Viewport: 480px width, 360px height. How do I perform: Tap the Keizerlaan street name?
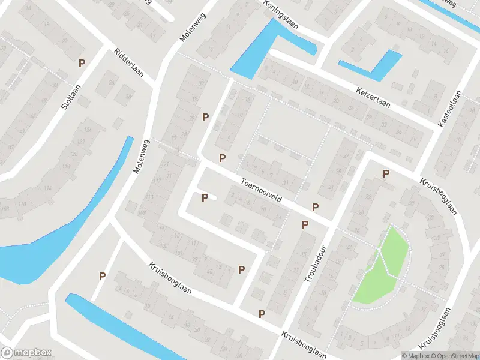click(x=372, y=95)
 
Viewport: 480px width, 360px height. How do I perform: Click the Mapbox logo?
click(x=26, y=353)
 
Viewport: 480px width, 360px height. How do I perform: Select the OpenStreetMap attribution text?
click(x=454, y=356)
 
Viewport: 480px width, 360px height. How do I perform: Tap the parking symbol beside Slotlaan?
click(x=82, y=63)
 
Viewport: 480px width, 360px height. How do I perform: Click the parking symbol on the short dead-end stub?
click(x=205, y=197)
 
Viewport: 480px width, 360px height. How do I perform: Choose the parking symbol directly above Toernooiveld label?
click(x=223, y=158)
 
